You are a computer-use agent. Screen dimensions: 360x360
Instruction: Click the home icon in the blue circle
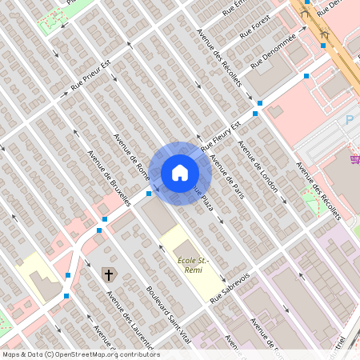pyautogui.click(x=180, y=173)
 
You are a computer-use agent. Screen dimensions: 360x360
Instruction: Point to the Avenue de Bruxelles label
pyautogui.click(x=109, y=179)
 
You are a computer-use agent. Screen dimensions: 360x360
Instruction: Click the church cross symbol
pyautogui.click(x=108, y=275)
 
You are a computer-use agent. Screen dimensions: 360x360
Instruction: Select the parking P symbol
pyautogui.click(x=349, y=120)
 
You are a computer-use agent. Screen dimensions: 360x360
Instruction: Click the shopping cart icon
pyautogui.click(x=354, y=159)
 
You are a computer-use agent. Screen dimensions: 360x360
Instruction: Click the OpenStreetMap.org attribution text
pyautogui.click(x=107, y=354)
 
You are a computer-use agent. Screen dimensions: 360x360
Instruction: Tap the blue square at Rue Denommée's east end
pyautogui.click(x=306, y=76)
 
